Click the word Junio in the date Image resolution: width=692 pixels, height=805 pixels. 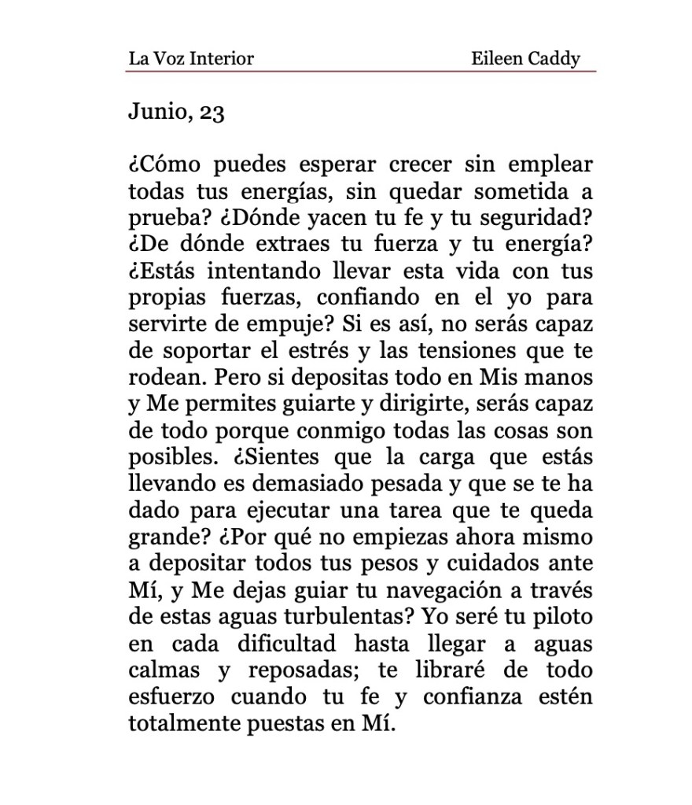[x=155, y=113]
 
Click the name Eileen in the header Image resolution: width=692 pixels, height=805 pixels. [x=495, y=58]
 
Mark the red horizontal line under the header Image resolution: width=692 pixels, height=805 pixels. [x=360, y=72]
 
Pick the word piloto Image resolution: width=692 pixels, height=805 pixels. [x=564, y=617]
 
